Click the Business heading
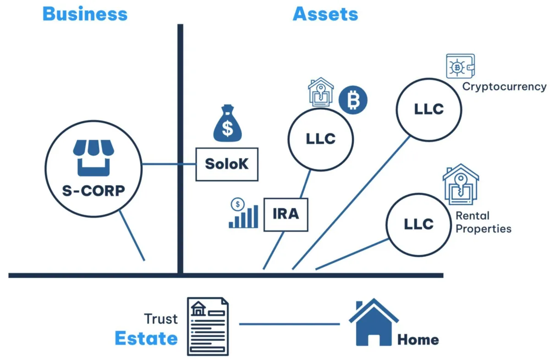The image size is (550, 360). point(85,14)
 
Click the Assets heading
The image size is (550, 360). point(325,14)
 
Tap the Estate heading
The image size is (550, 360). point(146,338)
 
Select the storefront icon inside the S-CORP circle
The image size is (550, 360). point(93,158)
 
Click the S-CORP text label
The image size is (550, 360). point(93,191)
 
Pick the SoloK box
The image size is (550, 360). point(227,164)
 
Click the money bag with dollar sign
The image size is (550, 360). point(228,123)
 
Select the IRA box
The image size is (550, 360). point(286,214)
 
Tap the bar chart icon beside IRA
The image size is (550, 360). point(243,213)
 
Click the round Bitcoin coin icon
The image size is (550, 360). point(353,100)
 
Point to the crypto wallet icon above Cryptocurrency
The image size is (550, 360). point(460,66)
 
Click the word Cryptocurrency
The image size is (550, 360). point(504,87)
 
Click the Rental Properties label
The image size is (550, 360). point(484,222)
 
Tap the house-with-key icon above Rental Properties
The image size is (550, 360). point(461,184)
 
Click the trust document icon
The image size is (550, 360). point(208,327)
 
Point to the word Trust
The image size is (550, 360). point(161,319)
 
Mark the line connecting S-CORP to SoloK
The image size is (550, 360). point(169,164)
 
